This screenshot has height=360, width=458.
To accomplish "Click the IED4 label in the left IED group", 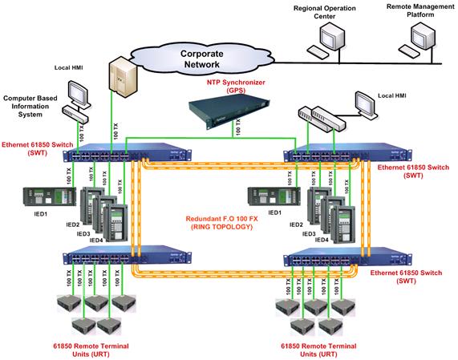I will [95, 240].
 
